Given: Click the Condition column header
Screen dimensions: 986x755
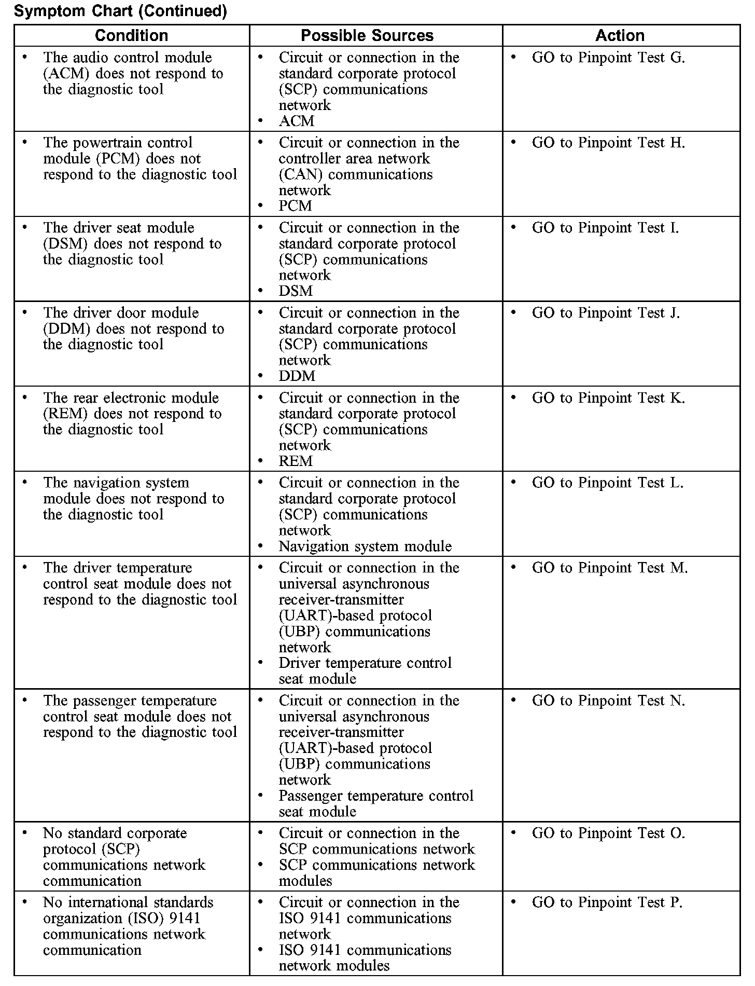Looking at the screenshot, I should coord(132,35).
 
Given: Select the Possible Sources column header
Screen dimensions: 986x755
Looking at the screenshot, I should coord(367,35).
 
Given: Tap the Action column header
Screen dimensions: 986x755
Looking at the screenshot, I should coord(620,35).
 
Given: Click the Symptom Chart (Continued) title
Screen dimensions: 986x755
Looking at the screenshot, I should coord(120,11).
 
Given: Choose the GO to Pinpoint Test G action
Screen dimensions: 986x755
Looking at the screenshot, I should coord(608,58).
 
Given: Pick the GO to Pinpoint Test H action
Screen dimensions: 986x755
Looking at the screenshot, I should coord(608,143).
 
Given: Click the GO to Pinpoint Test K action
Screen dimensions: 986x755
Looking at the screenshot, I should coord(608,398).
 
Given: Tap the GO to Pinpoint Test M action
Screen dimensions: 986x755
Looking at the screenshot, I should coord(609,568).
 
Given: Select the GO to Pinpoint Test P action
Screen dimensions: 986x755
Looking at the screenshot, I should coord(607,902).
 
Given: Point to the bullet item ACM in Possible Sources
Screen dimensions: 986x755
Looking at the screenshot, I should coord(297,121).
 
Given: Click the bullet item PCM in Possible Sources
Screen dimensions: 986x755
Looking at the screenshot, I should coord(296,206).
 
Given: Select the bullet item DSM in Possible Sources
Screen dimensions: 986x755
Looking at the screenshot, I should coord(296,291).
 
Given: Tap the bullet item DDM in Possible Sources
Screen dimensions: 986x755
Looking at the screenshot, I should coord(297,376).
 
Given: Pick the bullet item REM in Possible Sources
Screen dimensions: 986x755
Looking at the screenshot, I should coord(296,461).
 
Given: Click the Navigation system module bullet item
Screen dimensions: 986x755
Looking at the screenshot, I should coord(365,546).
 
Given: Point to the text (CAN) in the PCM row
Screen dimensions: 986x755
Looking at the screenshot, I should coord(300,174).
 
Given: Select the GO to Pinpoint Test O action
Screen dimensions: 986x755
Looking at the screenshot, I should coord(608,833).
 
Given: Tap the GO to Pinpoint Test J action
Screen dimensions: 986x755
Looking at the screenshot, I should coord(606,313).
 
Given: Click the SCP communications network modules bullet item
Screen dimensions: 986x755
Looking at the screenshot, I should coord(376,873).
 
